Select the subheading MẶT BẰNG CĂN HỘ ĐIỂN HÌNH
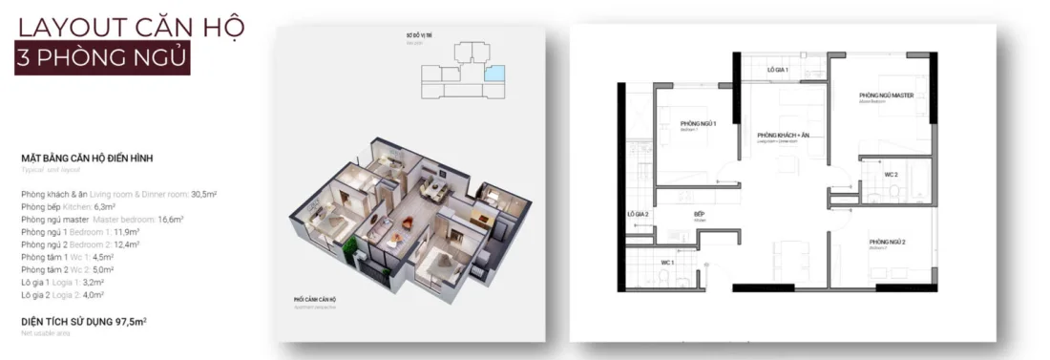[x=87, y=159]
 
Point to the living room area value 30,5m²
[x=203, y=194]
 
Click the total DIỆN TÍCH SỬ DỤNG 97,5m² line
[x=83, y=321]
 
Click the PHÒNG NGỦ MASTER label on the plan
[x=887, y=96]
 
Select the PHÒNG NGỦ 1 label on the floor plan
[x=698, y=125]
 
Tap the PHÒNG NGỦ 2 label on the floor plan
[x=887, y=244]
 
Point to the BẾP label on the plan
[x=699, y=215]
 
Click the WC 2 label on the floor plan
[x=890, y=176]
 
